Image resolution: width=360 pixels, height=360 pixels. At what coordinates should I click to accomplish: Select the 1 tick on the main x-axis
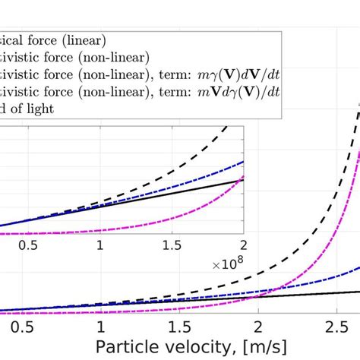point(101,326)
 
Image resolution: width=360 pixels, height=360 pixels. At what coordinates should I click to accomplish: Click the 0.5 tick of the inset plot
point(28,246)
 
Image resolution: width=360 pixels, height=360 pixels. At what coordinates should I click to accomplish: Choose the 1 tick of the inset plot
point(100,246)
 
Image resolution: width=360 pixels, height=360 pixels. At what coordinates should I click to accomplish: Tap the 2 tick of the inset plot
point(243,246)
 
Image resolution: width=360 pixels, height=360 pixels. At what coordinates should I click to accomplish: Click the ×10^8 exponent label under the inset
point(229,264)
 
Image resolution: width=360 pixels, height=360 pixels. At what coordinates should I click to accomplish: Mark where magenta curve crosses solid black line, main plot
point(263,298)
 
